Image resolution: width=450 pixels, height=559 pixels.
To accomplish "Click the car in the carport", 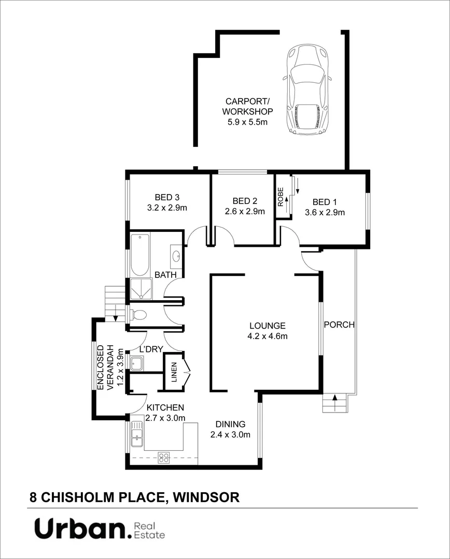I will (307, 91).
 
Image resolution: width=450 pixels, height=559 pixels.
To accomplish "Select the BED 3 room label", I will (167, 197).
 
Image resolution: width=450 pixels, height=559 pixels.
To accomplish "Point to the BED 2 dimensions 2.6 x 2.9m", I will (245, 211).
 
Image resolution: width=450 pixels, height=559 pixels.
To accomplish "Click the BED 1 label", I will (325, 202).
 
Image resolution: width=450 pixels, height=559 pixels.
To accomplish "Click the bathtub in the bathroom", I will (140, 255).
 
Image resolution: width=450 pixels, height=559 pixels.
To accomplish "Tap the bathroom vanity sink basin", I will (176, 255).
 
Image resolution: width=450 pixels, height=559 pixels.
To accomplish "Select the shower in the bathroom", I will (140, 289).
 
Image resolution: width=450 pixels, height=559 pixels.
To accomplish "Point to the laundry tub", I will (136, 363).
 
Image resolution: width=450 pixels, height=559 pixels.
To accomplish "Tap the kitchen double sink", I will (137, 433).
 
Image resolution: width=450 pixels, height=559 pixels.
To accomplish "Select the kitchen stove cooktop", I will (164, 457).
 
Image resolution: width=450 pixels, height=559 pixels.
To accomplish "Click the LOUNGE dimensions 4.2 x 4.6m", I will (268, 336).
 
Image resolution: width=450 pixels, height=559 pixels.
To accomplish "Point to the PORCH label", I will (339, 325).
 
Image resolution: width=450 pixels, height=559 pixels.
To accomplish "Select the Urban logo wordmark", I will (81, 529).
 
